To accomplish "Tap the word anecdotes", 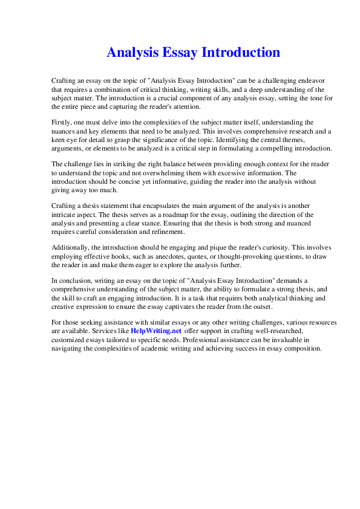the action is pos(165,256).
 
